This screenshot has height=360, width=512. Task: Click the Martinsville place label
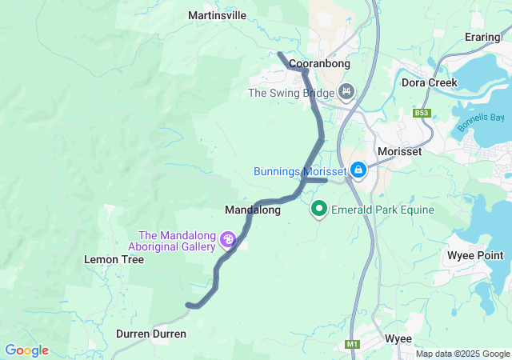(217, 15)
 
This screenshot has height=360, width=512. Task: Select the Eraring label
(483, 38)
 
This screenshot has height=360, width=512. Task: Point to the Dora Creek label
(429, 82)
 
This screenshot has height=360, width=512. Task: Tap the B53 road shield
(422, 113)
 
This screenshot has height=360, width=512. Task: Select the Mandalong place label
(253, 210)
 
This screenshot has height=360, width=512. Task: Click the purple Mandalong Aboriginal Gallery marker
(229, 238)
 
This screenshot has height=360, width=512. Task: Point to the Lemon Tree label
(114, 260)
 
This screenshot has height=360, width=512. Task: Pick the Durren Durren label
(151, 333)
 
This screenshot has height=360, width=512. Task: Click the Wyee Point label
(475, 256)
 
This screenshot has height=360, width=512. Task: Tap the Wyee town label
(398, 338)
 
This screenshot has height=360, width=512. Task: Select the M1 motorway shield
(352, 344)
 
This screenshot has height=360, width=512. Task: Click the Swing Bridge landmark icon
(346, 93)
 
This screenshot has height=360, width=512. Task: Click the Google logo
(26, 350)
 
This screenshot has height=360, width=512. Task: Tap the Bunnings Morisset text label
(299, 171)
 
